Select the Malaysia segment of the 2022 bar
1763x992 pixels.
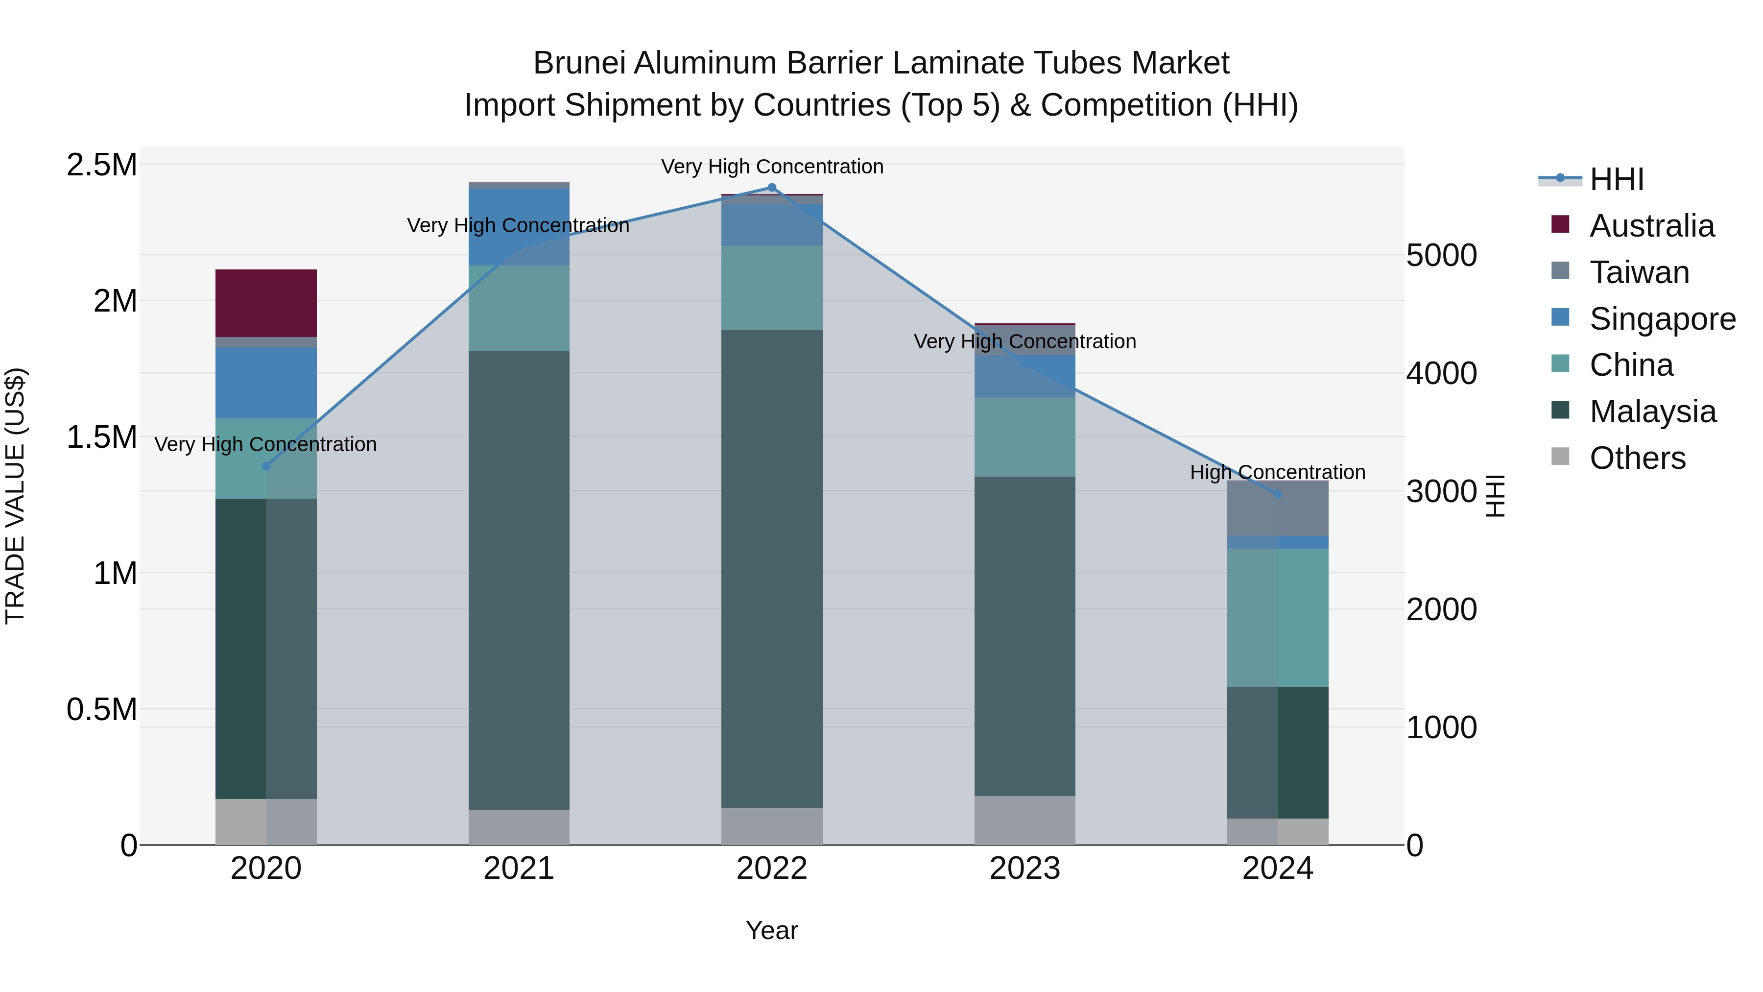coord(771,568)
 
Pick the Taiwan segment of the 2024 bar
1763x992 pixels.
coord(1277,508)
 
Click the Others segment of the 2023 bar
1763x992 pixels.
coord(1024,820)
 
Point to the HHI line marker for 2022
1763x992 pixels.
coord(771,187)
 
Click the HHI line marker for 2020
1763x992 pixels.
coord(266,466)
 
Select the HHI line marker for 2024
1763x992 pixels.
coord(1277,494)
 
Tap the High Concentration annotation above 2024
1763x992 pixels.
coord(1277,472)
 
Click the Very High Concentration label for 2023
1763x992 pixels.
coord(1024,341)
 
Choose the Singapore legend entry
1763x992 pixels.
coord(1662,318)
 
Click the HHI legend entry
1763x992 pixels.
coord(1616,179)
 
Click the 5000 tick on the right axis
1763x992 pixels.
coord(1441,255)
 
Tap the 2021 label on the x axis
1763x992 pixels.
coord(518,868)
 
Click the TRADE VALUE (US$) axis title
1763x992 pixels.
coord(15,496)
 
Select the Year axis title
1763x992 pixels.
coord(771,930)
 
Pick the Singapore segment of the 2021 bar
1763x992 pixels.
coord(518,227)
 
